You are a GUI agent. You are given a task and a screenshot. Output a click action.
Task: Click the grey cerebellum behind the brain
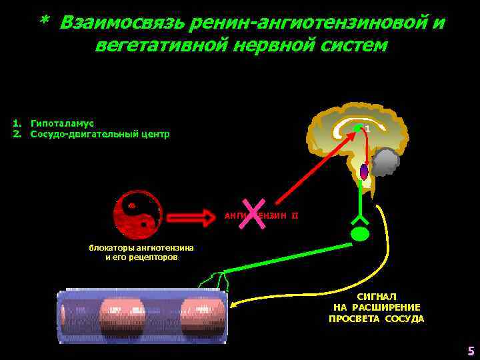coord(385,162)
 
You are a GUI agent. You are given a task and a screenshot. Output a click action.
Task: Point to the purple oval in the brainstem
coord(364,172)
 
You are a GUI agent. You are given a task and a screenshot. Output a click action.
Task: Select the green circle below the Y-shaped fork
coord(360,234)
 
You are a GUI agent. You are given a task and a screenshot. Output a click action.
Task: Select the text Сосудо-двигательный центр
coord(100,134)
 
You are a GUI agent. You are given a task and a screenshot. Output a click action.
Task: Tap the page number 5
coord(471,351)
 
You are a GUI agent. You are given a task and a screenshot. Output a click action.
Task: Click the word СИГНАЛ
coord(377,296)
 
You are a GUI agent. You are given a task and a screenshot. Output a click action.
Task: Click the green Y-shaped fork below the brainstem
coord(360,215)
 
